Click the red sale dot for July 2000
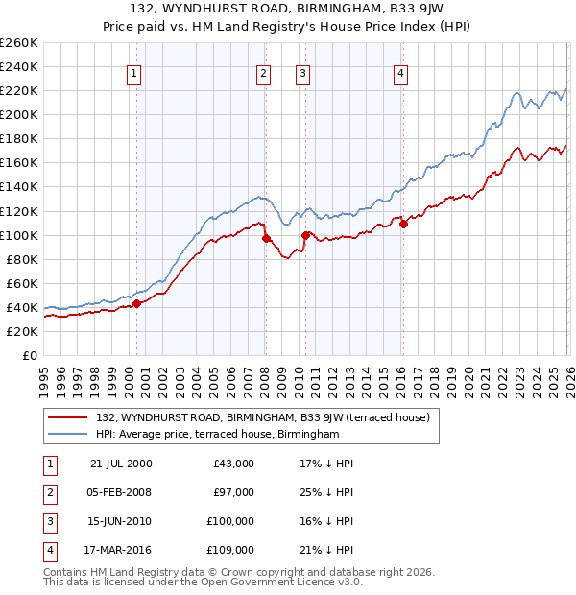point(136,303)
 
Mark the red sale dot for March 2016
point(403,224)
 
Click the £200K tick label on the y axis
point(18,115)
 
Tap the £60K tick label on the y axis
point(21,284)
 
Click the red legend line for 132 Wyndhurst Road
point(68,417)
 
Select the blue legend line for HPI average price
point(68,435)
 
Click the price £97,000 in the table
point(234,492)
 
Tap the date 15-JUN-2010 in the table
point(120,521)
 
